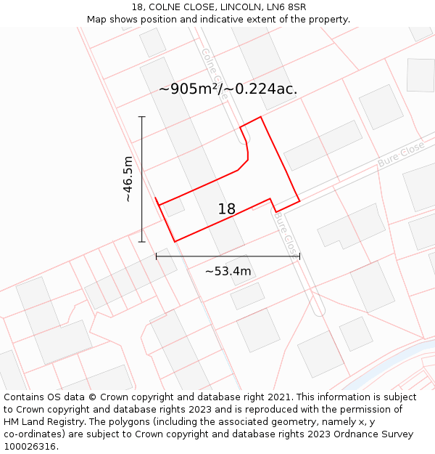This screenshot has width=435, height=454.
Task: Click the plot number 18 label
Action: click(226, 209)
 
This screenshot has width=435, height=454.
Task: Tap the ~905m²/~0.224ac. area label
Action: click(228, 89)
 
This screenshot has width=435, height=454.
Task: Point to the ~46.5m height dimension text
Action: click(128, 179)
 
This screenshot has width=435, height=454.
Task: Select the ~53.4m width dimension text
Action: click(228, 272)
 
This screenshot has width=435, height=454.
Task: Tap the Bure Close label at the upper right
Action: click(401, 155)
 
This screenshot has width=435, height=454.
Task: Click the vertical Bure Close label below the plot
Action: click(286, 232)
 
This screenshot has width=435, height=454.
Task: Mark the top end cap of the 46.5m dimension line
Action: click(141, 116)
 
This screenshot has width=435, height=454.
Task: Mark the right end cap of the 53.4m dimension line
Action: click(299, 256)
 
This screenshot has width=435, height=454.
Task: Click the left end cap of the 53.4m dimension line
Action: click(157, 256)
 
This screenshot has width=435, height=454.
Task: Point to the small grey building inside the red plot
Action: click(174, 208)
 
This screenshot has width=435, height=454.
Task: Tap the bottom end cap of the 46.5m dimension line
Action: click(141, 242)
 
